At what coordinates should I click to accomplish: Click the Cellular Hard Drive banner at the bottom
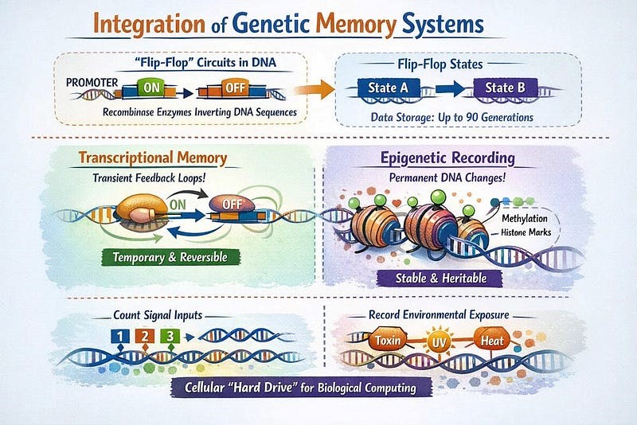[x=307, y=389]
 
